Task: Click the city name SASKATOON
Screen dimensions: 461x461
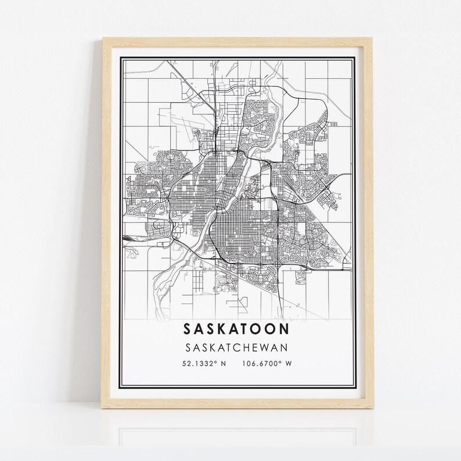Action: click(x=237, y=329)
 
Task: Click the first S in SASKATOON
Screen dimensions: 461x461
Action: click(x=188, y=329)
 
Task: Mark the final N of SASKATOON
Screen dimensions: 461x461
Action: click(x=286, y=329)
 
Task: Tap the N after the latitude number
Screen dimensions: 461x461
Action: click(x=223, y=364)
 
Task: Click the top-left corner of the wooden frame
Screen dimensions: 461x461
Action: click(x=104, y=39)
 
